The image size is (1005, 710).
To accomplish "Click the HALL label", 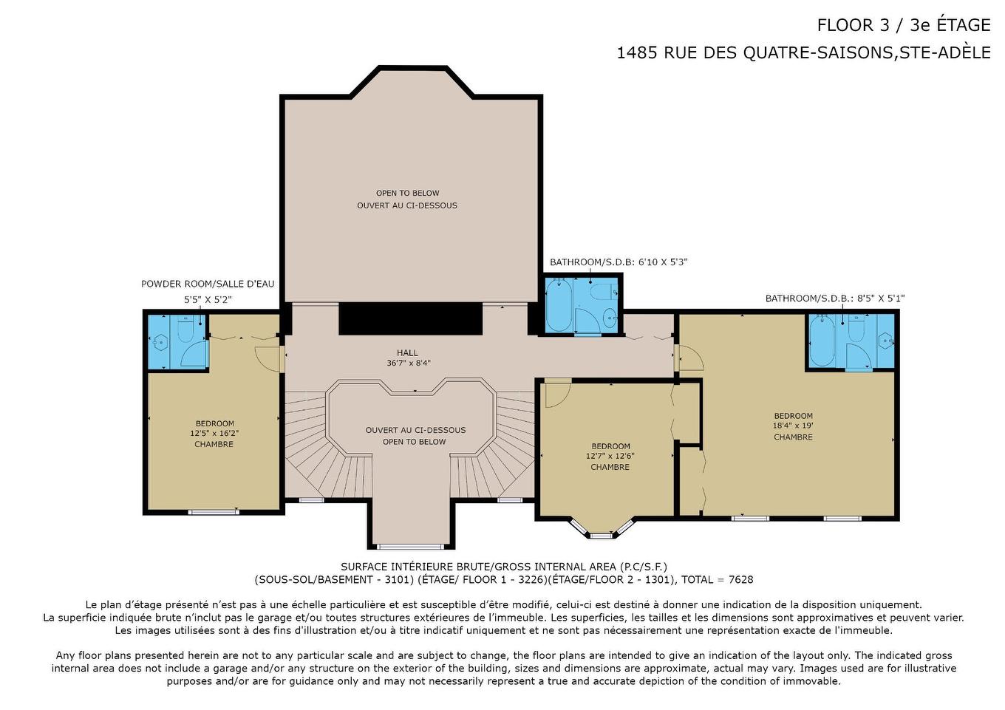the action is pyautogui.click(x=407, y=353).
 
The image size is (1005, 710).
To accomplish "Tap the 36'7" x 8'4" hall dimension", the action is pyautogui.click(x=408, y=363).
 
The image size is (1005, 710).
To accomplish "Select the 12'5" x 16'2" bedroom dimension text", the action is pyautogui.click(x=214, y=434).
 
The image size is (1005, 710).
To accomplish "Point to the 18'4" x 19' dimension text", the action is pyautogui.click(x=793, y=426).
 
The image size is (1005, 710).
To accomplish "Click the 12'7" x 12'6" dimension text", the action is pyautogui.click(x=610, y=456).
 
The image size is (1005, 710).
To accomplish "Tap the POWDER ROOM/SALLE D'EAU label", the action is pyautogui.click(x=208, y=284).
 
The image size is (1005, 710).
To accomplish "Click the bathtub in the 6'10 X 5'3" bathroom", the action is pyautogui.click(x=559, y=304).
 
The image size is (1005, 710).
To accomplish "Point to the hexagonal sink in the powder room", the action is pyautogui.click(x=160, y=343).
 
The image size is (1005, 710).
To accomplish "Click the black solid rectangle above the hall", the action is pyautogui.click(x=410, y=318).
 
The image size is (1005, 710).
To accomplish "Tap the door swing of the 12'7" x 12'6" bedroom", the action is pyautogui.click(x=558, y=393).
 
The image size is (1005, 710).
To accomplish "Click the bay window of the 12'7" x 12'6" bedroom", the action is pyautogui.click(x=602, y=530).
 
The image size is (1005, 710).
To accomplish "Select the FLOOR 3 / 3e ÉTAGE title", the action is pyautogui.click(x=904, y=25).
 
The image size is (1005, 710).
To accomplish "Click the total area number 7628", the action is pyautogui.click(x=740, y=579).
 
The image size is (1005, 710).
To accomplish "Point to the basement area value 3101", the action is pyautogui.click(x=397, y=579).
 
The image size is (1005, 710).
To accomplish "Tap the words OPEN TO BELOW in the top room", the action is pyautogui.click(x=407, y=194).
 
